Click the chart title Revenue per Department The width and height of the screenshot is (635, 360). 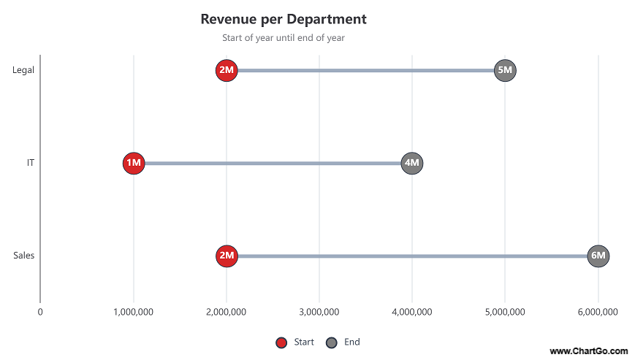pos(284,19)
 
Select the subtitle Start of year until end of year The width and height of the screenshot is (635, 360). pos(284,38)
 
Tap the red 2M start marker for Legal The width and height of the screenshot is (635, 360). pos(227,70)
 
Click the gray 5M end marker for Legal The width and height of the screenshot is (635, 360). pos(505,70)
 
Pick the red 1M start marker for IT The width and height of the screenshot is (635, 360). pos(134,163)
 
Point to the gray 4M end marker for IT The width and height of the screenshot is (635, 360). pos(412,163)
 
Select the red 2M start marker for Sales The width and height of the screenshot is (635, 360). pos(227,256)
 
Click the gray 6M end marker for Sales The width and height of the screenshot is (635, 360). pos(598,256)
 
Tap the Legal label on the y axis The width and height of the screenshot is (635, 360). pos(23,70)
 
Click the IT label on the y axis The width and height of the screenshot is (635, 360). pos(30,163)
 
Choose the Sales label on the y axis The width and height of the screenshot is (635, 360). pos(23,256)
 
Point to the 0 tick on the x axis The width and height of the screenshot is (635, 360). pos(40,312)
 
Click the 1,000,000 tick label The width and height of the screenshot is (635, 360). pos(134,312)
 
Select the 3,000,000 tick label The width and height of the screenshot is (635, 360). pos(319,312)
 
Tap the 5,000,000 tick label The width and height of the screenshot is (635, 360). pos(505,312)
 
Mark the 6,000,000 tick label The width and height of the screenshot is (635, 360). pos(598,312)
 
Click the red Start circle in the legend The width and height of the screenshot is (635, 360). pos(281,342)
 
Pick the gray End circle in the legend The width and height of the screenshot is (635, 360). pos(331,342)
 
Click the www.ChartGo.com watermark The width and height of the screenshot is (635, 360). pos(588,351)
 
